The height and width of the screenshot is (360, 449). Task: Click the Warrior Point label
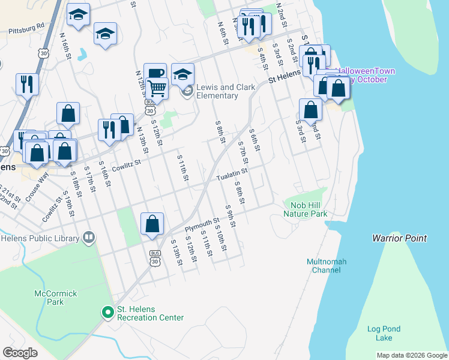click(399, 238)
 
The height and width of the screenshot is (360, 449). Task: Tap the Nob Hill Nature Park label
click(306, 209)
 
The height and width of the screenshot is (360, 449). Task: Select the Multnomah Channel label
click(327, 266)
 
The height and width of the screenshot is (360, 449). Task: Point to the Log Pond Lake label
click(380, 334)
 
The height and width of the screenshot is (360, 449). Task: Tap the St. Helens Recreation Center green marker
click(108, 312)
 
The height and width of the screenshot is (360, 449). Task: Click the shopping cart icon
click(157, 88)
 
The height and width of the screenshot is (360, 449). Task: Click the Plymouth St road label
click(202, 224)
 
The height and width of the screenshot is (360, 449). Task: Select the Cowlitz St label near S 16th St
click(125, 163)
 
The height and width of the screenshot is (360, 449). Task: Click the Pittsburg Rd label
click(27, 28)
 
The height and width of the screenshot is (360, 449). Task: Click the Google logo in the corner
click(20, 352)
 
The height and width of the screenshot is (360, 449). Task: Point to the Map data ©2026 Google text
click(411, 355)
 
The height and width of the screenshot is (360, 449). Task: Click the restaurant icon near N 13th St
click(109, 130)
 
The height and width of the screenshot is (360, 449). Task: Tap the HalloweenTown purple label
click(366, 75)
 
